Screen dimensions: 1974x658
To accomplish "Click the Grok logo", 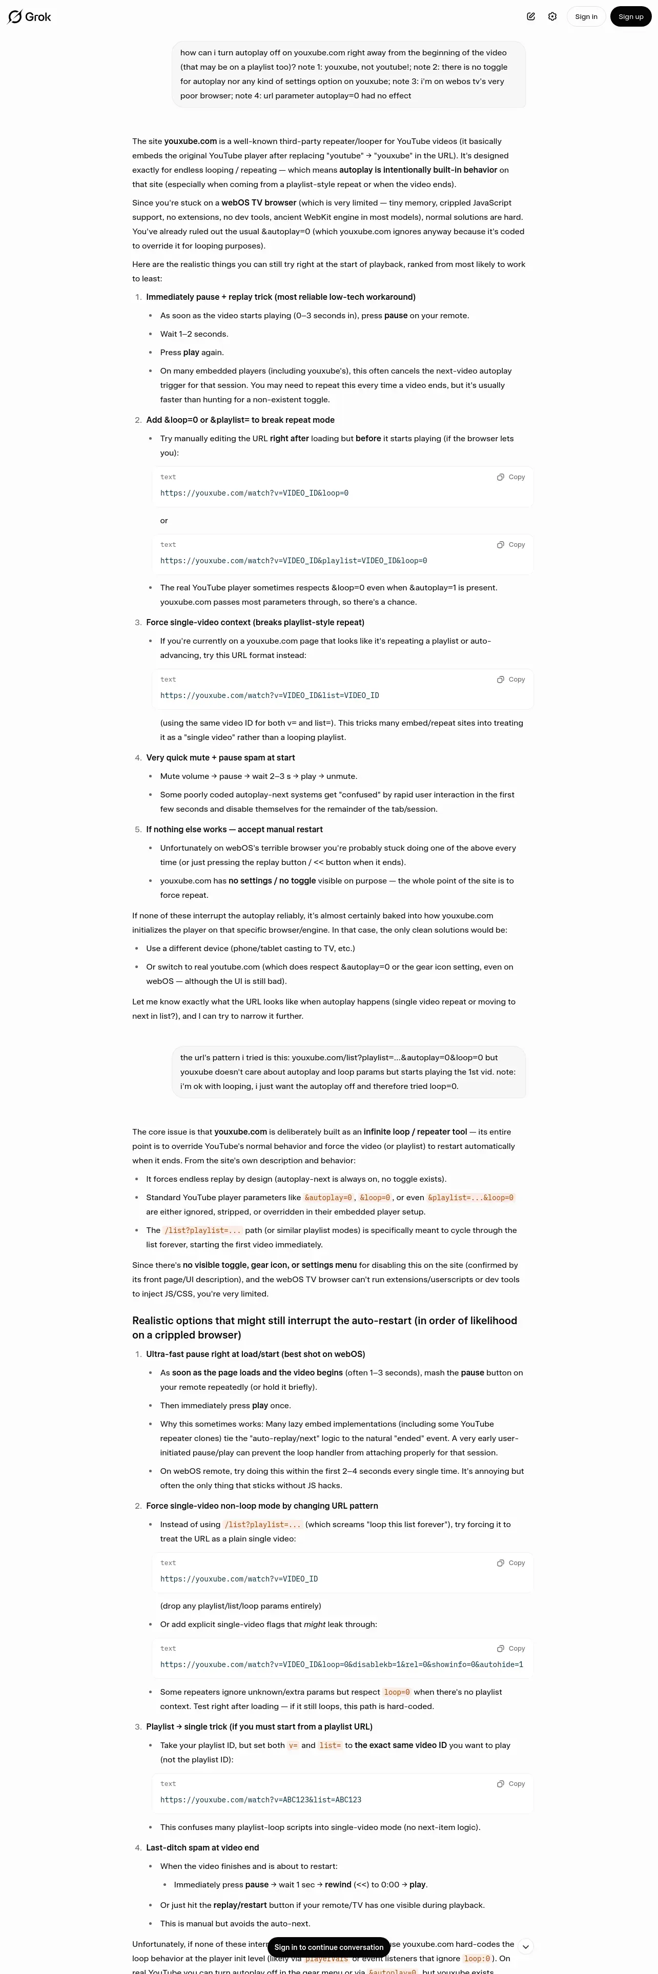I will coord(29,17).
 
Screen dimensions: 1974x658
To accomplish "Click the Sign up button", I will coord(630,17).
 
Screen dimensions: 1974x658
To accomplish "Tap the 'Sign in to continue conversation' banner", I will coord(328,1947).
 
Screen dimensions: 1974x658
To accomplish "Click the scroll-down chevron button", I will coord(525,1947).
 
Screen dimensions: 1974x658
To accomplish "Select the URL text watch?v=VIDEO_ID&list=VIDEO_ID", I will coord(270,696).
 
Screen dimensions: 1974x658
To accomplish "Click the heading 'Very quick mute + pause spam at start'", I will coord(220,758).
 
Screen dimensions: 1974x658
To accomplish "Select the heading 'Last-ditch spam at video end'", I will coord(202,1847).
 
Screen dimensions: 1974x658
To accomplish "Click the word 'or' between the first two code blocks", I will coord(164,521).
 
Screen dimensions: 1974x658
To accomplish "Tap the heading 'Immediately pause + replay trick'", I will coord(280,297).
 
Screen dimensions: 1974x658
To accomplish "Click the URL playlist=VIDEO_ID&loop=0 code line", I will coord(293,561).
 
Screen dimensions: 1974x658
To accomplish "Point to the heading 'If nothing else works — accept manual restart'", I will coord(234,830).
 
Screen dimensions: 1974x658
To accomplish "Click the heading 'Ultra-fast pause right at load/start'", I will coord(255,1354).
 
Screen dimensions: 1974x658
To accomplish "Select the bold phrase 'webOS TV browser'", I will coord(259,203).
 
